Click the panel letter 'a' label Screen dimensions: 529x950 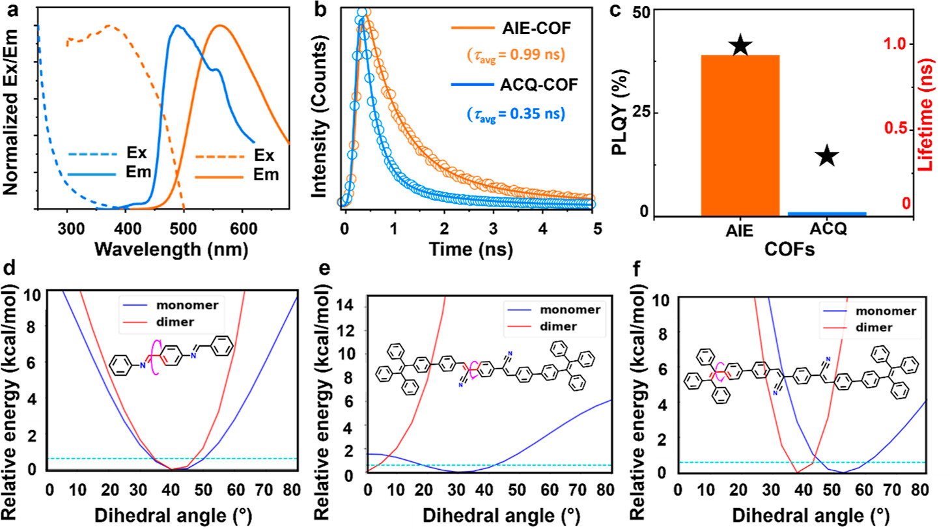tap(10, 11)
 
